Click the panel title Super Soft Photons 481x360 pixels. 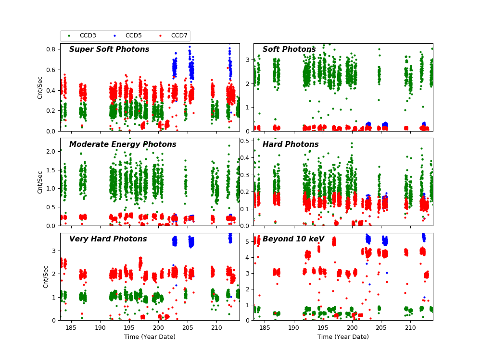click(x=109, y=49)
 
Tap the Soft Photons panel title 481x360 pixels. click(x=289, y=49)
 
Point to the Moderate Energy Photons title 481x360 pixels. click(x=123, y=144)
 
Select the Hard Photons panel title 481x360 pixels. click(x=291, y=144)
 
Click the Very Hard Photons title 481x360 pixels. click(x=108, y=239)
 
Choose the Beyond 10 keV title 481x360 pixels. click(x=293, y=239)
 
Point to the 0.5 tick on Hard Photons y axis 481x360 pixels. click(x=245, y=140)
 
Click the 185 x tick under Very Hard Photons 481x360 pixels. click(x=71, y=327)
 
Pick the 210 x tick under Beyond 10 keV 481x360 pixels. click(x=410, y=327)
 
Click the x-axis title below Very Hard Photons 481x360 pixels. click(x=150, y=337)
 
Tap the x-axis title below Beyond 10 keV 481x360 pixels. click(x=343, y=337)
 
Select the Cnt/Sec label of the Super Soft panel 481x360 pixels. click(x=40, y=87)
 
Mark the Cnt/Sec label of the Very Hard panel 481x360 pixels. click(x=46, y=276)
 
